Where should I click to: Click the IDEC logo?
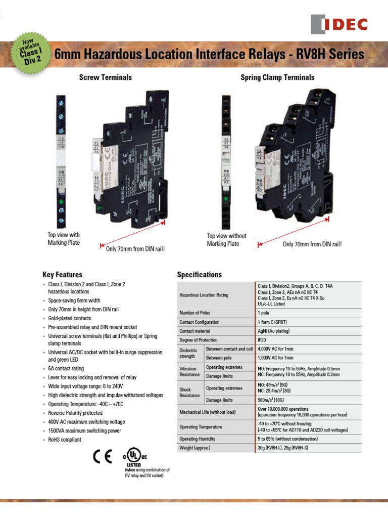[339, 24]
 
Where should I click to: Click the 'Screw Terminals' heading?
[105, 77]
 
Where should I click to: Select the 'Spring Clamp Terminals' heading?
[277, 77]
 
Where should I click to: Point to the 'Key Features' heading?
[62, 275]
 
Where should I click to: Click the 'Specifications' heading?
[199, 275]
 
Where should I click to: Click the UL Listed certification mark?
[134, 458]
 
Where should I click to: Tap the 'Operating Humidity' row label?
[200, 439]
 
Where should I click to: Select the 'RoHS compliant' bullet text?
[64, 440]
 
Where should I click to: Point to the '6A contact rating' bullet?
[66, 369]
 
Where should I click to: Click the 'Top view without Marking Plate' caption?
[227, 240]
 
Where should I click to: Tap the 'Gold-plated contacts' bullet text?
[70, 318]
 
